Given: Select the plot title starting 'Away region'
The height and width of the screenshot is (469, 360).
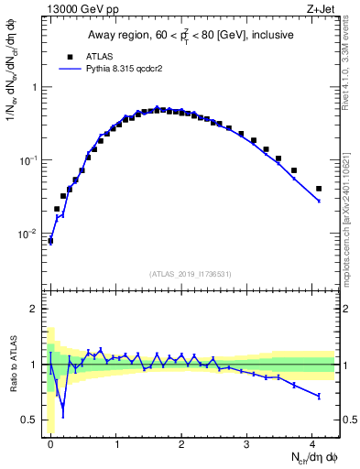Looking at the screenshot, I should pos(190,36).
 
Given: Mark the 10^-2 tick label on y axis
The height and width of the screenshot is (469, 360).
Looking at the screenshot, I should pos(27,234).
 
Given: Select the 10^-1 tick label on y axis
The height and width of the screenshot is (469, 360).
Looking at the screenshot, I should pos(27,160).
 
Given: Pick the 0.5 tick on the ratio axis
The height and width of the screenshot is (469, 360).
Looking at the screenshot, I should pos(29,421).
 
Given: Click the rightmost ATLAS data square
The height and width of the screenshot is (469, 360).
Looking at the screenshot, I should pos(319,189).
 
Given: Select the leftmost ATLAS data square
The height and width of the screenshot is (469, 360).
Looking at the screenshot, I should pos(50,241).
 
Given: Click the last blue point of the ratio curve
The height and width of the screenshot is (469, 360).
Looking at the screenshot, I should pos(319,396).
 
